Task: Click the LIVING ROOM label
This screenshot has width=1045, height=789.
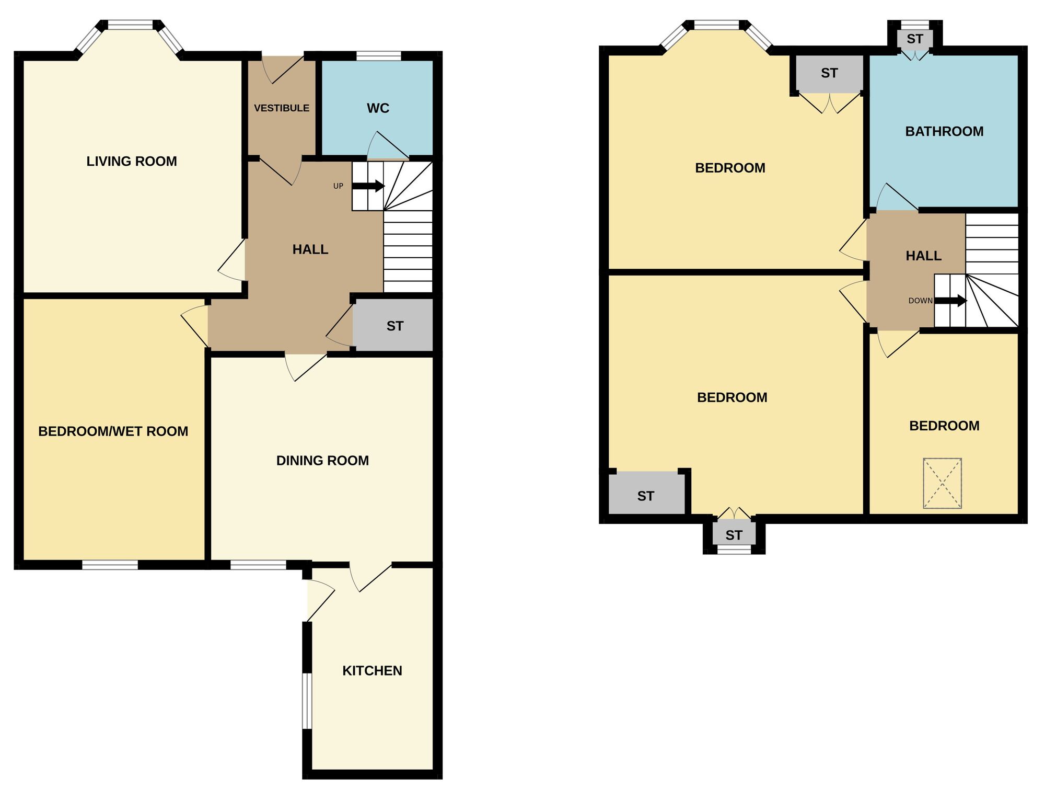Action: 132,162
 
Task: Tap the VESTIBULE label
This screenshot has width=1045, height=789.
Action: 282,108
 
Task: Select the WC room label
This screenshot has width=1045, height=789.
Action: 378,108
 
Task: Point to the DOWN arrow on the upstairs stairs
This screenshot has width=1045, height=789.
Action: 950,301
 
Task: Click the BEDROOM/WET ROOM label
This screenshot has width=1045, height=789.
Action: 113,431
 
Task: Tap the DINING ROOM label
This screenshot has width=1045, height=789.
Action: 322,461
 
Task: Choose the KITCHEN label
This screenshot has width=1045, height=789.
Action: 372,671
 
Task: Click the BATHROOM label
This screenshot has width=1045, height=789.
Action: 944,131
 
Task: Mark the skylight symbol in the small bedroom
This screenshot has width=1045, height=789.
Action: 942,483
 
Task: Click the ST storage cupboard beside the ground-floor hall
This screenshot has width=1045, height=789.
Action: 394,326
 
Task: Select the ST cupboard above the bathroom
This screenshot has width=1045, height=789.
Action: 915,39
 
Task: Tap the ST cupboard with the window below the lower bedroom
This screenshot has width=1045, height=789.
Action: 734,535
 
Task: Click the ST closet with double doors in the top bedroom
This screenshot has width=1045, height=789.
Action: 829,73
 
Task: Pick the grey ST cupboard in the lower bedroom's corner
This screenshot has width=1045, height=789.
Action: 646,496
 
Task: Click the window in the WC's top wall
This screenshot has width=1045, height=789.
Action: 378,55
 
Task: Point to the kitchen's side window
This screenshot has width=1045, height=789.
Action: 307,701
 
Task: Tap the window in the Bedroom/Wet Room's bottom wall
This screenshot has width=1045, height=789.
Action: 110,564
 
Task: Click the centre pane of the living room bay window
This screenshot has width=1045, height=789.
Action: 131,25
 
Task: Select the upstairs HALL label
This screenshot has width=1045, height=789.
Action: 923,256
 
